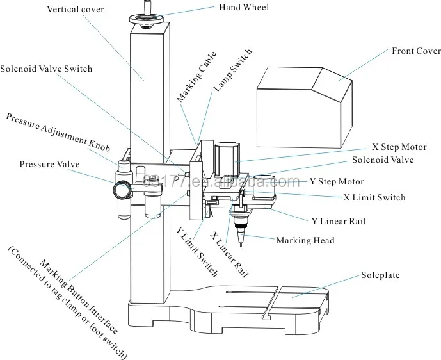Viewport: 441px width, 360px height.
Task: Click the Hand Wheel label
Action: tap(244, 7)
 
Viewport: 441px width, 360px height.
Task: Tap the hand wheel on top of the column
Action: tap(147, 20)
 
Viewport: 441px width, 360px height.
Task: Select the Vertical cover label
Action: tap(76, 9)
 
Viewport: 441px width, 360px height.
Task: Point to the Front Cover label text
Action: tap(416, 51)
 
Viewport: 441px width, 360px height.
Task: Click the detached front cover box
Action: tap(304, 108)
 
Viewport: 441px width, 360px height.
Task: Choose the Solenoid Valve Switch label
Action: tap(46, 69)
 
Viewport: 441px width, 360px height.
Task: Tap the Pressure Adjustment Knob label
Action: tap(58, 133)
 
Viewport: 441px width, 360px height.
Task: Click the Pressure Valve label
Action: tap(49, 164)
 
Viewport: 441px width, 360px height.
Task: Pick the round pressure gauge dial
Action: tap(122, 190)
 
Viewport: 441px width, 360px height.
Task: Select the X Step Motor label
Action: tap(399, 147)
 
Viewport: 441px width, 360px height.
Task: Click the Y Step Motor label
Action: tap(337, 181)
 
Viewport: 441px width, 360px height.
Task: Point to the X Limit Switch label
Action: tap(374, 197)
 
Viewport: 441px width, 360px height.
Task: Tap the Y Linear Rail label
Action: tap(339, 221)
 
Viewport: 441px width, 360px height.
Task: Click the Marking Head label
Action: tap(305, 240)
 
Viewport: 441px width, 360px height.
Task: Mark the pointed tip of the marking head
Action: tap(241, 247)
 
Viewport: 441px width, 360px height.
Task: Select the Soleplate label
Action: tap(380, 275)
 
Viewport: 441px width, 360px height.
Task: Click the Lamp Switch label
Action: tap(233, 70)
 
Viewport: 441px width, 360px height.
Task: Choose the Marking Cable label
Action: tap(196, 76)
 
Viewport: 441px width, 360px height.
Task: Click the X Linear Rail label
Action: tap(230, 254)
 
